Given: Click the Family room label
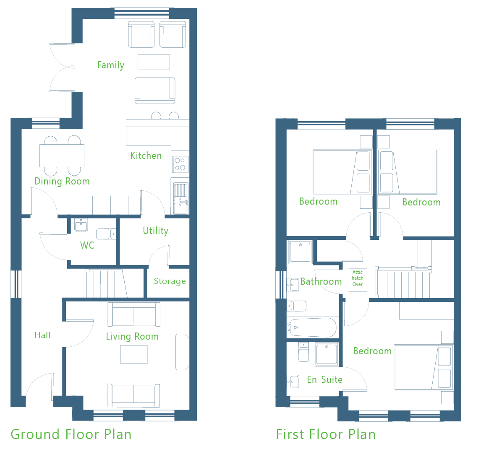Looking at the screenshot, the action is click(x=111, y=65).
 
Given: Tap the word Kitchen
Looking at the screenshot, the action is click(x=146, y=156).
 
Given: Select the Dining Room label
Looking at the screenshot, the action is click(x=62, y=182).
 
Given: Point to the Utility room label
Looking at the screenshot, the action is click(x=156, y=231).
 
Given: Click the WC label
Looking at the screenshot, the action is click(x=87, y=245).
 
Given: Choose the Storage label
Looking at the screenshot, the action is click(x=170, y=281).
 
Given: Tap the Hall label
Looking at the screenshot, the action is click(x=42, y=335).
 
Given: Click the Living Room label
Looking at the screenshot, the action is click(x=132, y=336).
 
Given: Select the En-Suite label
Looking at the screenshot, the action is click(x=325, y=380).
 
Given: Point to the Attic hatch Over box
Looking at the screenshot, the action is click(x=358, y=280).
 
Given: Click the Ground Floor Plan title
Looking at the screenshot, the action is click(x=71, y=434).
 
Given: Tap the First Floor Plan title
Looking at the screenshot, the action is click(x=326, y=434).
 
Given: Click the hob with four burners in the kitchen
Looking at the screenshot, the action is click(x=180, y=164).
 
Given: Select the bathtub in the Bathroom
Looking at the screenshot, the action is click(x=313, y=327).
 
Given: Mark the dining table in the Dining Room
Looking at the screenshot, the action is click(x=62, y=156).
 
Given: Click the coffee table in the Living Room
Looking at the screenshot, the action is click(x=134, y=355).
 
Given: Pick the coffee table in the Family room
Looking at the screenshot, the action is click(x=154, y=62).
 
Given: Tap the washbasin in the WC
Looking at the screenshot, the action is click(x=81, y=225).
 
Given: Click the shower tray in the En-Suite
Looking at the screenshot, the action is click(x=327, y=354).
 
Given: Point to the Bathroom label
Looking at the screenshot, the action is click(x=321, y=282).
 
